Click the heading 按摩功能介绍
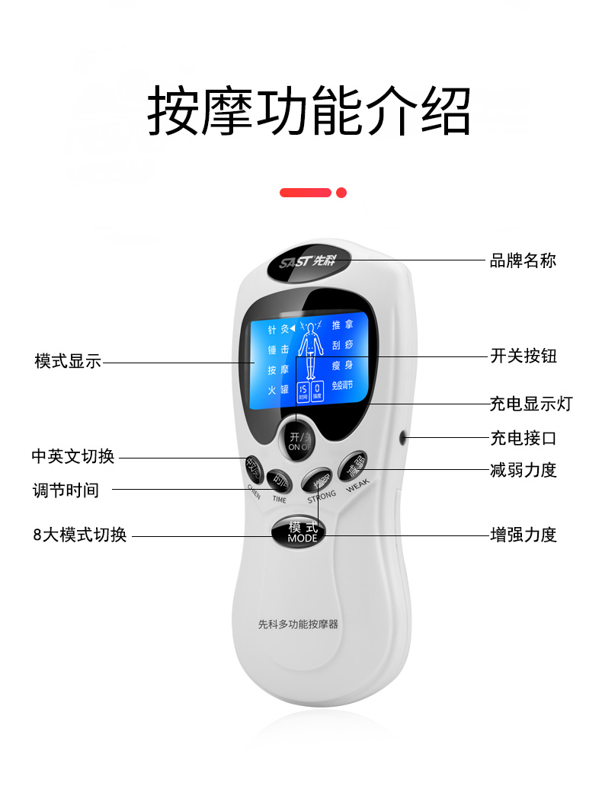click(308, 111)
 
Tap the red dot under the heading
click(341, 193)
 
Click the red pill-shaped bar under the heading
click(305, 193)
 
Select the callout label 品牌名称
click(523, 260)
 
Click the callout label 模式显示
click(68, 362)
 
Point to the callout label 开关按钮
click(524, 356)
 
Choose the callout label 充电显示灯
click(530, 404)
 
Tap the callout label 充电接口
click(523, 438)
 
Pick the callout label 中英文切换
click(73, 456)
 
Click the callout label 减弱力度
click(524, 470)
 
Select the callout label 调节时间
click(66, 490)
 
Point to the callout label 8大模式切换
click(79, 535)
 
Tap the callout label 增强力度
click(524, 535)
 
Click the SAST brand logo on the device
click(308, 262)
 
